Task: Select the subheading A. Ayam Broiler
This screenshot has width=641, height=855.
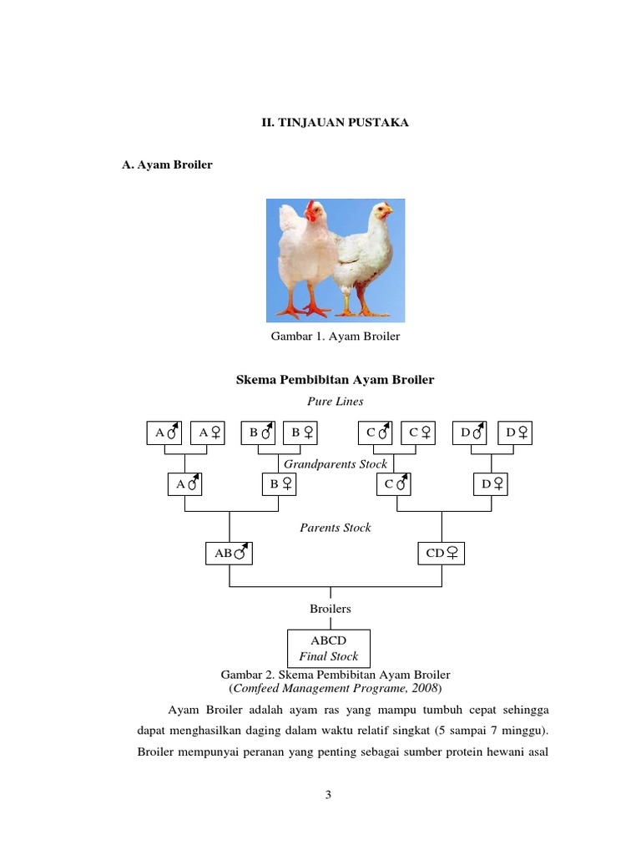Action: (167, 164)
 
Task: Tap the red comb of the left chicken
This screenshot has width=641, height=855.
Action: (311, 205)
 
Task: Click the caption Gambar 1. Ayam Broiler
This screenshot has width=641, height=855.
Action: (335, 336)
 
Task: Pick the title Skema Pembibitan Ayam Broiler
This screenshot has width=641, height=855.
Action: (336, 380)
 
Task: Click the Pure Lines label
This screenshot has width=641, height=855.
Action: (335, 401)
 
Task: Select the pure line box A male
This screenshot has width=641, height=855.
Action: (164, 433)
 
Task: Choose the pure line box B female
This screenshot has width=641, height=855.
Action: (302, 433)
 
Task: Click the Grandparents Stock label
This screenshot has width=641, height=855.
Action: (336, 463)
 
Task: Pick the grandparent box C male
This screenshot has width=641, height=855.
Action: (396, 483)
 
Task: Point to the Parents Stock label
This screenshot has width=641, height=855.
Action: (336, 528)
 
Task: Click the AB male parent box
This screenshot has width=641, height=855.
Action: (229, 553)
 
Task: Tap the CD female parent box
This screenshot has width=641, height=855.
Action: (441, 553)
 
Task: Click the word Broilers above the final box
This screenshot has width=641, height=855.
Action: (331, 609)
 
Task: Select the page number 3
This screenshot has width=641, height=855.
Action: (329, 795)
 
